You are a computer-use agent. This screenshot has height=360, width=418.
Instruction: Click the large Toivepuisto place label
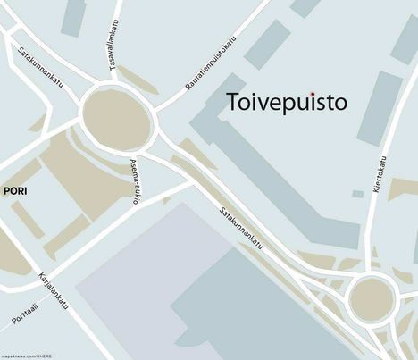click(286, 102)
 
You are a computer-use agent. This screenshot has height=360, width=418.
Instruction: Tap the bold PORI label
click(15, 191)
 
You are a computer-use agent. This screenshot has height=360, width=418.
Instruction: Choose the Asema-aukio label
click(135, 181)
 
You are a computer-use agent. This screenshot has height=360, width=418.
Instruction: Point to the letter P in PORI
click(6, 191)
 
